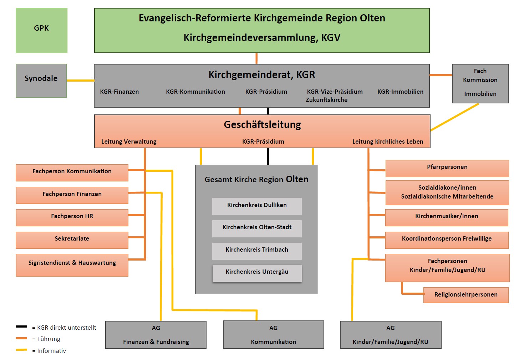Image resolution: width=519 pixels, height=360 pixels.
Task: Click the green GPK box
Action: (41, 30)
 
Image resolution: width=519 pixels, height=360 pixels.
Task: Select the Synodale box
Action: (41, 81)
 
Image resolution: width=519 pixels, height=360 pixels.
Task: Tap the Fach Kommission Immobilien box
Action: (480, 83)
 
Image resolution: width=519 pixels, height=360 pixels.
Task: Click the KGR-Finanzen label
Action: (119, 92)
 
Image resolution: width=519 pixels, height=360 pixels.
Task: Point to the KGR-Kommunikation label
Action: (195, 92)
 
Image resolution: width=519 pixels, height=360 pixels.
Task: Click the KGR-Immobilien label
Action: (400, 92)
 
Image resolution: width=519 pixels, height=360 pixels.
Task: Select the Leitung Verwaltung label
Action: (129, 142)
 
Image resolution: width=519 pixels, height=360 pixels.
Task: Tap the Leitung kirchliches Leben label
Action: (388, 142)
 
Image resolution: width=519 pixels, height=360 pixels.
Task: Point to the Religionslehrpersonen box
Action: (465, 295)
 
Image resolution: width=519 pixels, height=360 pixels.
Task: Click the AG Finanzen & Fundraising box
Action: (156, 335)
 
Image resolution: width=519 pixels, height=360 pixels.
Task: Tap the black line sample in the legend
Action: (21, 326)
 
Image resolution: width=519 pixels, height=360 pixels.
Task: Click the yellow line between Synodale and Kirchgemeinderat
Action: (80, 81)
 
